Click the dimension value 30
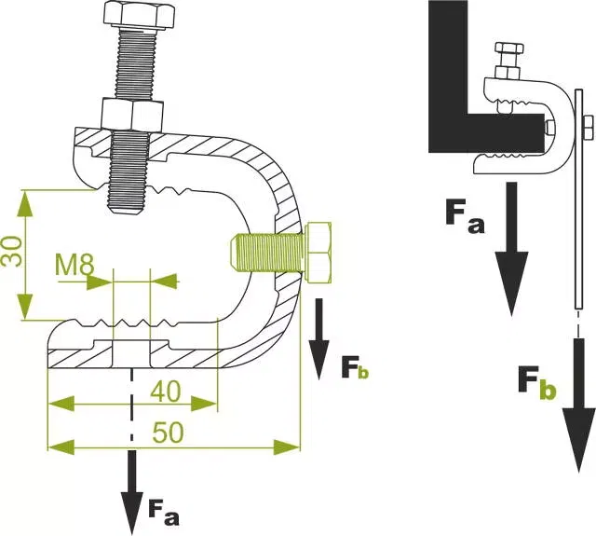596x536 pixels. click(x=10, y=252)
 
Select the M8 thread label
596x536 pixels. click(x=74, y=265)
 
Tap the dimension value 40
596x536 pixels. click(x=166, y=392)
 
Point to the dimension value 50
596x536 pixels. click(x=168, y=433)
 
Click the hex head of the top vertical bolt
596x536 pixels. click(x=139, y=16)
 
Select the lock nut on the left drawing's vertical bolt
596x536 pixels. click(x=132, y=115)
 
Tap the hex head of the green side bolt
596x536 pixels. click(x=318, y=253)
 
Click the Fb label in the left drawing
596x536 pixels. click(x=355, y=368)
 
